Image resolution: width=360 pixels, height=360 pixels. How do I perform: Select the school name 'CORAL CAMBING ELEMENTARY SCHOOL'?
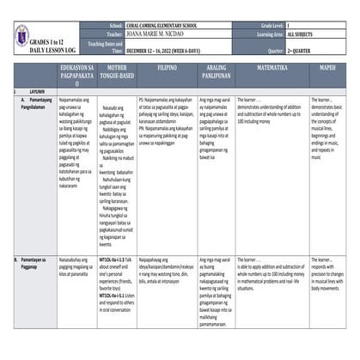click(x=168, y=27)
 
